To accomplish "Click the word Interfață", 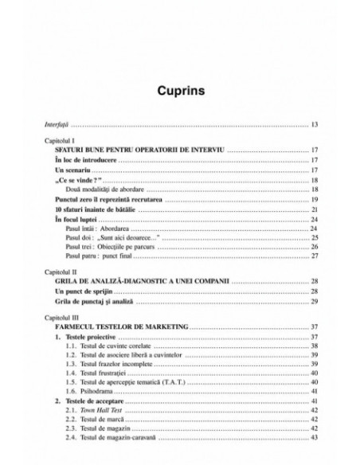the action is [x=56, y=125].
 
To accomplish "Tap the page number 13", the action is [x=315, y=125].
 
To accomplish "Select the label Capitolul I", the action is [x=60, y=140].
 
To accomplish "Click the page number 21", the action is [x=315, y=209].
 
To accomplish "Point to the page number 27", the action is [x=315, y=256].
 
